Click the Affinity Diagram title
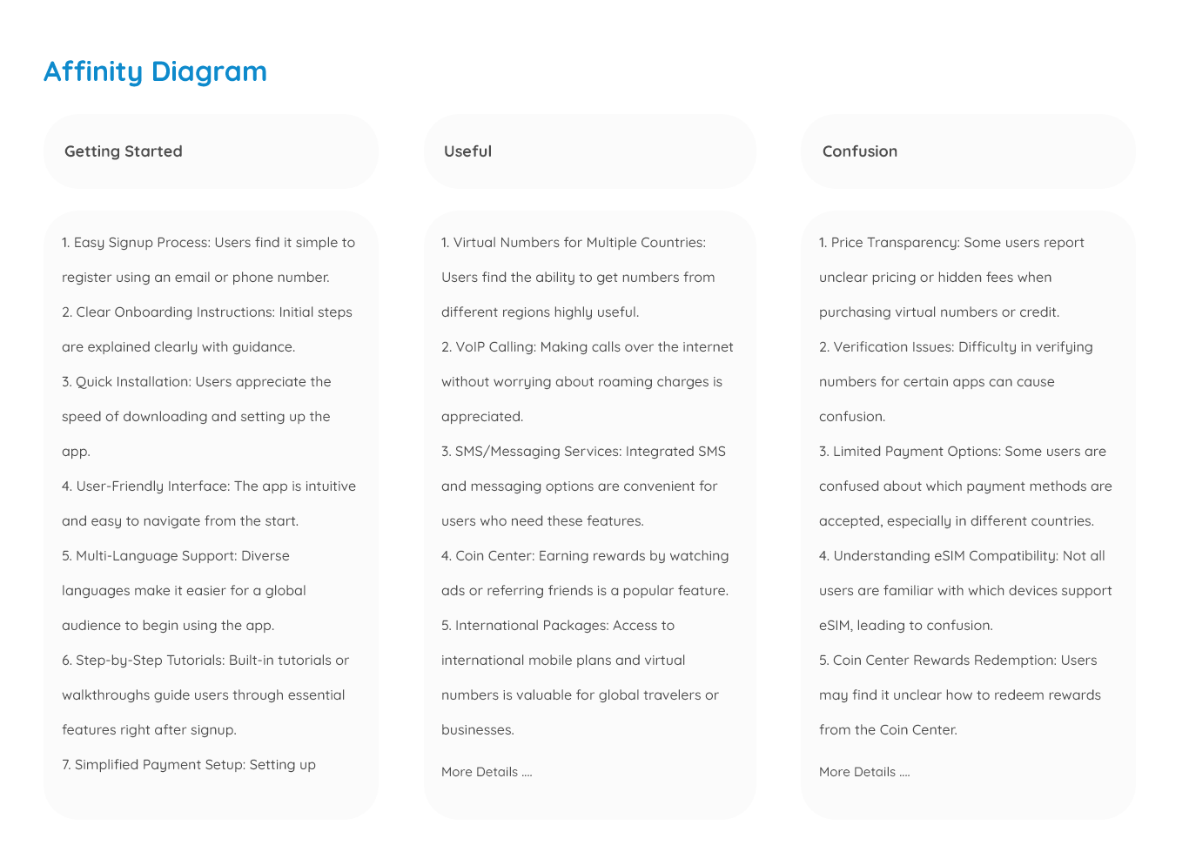coord(155,71)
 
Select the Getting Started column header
coord(124,151)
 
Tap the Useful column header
coord(467,151)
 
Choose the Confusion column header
coord(859,151)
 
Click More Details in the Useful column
coord(487,772)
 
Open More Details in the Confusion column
coord(864,772)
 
